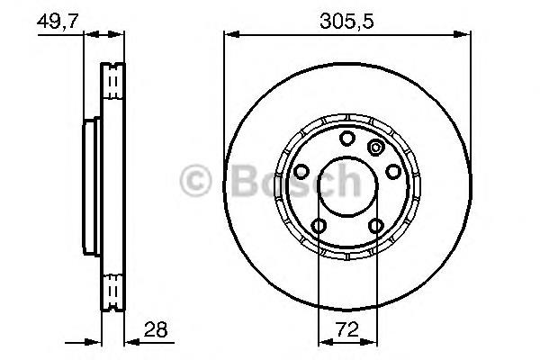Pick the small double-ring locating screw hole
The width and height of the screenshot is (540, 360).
(x=375, y=148)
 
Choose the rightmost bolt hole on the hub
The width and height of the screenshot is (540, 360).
(x=392, y=171)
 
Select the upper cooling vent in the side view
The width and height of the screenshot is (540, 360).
(x=112, y=85)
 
